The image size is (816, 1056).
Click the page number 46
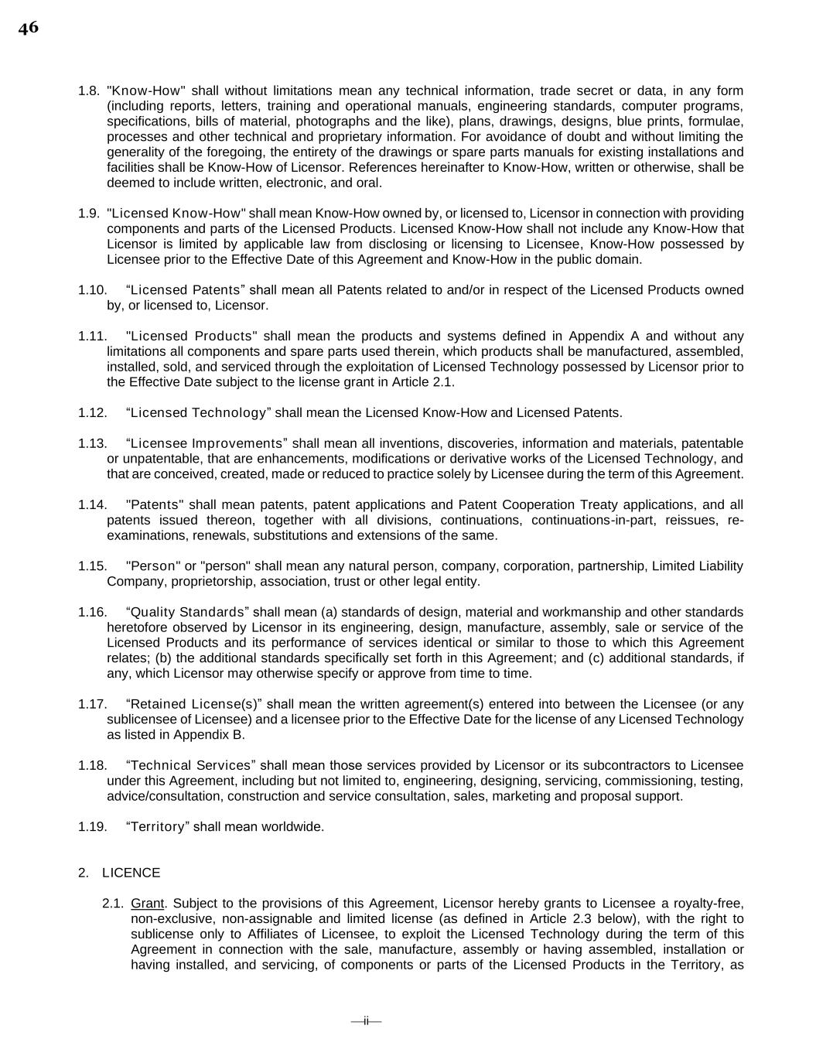coord(28,29)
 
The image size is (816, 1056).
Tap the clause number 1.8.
coord(89,91)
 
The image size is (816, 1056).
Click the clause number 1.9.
coord(89,214)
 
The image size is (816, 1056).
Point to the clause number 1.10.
coord(92,290)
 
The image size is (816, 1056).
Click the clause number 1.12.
coord(92,413)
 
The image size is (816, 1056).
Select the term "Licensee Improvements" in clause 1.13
coord(207,444)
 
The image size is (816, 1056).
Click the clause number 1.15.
coord(92,566)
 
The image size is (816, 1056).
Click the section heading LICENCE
coord(131,873)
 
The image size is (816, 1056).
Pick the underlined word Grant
coord(147,904)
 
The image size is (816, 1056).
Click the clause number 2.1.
coord(113,904)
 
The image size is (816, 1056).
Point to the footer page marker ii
coord(366,1021)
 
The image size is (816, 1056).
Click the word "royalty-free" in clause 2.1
coord(708,904)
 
